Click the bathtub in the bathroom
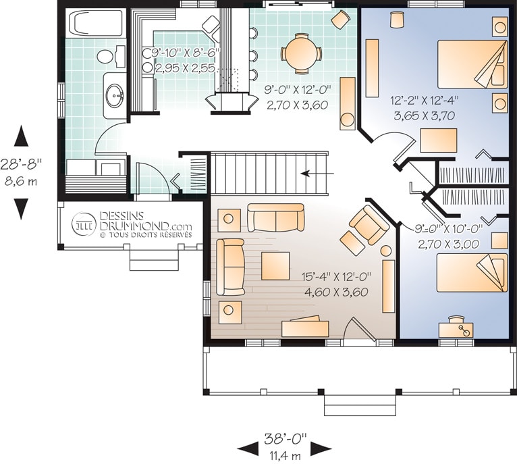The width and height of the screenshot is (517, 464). point(96,22)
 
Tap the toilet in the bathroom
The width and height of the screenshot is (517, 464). point(111,57)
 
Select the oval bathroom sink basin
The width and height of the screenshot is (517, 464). point(115,95)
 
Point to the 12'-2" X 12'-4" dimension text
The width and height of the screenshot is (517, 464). point(425,100)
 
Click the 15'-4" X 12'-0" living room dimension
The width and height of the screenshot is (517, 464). point(336,276)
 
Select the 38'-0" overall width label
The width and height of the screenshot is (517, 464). point(285,438)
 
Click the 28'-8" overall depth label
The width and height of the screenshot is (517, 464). point(22,164)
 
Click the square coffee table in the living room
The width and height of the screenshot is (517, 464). point(275,266)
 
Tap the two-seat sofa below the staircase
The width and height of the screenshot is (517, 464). point(275,217)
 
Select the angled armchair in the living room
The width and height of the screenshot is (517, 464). point(369,224)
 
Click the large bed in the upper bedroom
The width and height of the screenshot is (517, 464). point(472,64)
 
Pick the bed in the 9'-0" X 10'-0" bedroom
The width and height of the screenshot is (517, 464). point(472,273)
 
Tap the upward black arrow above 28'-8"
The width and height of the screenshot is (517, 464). point(21,136)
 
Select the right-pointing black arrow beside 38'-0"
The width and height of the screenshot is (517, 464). point(321,448)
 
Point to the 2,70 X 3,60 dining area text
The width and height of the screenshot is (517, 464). point(297,105)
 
